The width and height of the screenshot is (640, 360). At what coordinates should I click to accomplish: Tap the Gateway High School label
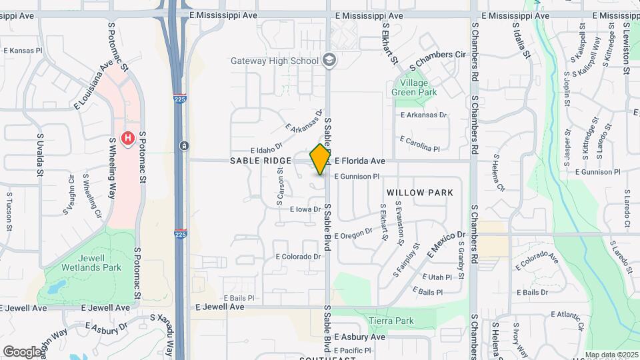[x=275, y=61]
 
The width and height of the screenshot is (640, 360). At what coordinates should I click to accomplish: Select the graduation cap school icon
[x=329, y=61]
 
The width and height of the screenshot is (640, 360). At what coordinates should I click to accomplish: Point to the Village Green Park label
[x=414, y=87]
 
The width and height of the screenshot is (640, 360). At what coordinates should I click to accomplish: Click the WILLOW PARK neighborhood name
[x=420, y=193]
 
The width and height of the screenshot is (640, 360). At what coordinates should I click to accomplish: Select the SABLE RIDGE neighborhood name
[x=261, y=161]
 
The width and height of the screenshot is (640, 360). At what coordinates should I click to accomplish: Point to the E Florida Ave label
[x=360, y=161]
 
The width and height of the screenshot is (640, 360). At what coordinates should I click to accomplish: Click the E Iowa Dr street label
[x=305, y=209]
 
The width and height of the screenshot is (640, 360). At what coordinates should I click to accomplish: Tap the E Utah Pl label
[x=437, y=277]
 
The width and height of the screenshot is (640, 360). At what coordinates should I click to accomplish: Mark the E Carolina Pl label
[x=419, y=143]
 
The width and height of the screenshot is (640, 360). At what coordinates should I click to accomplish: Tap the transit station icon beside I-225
[x=183, y=145]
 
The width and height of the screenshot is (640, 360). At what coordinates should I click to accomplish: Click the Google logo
[x=22, y=351]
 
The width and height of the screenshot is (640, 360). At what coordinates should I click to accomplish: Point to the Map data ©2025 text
[x=611, y=355]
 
